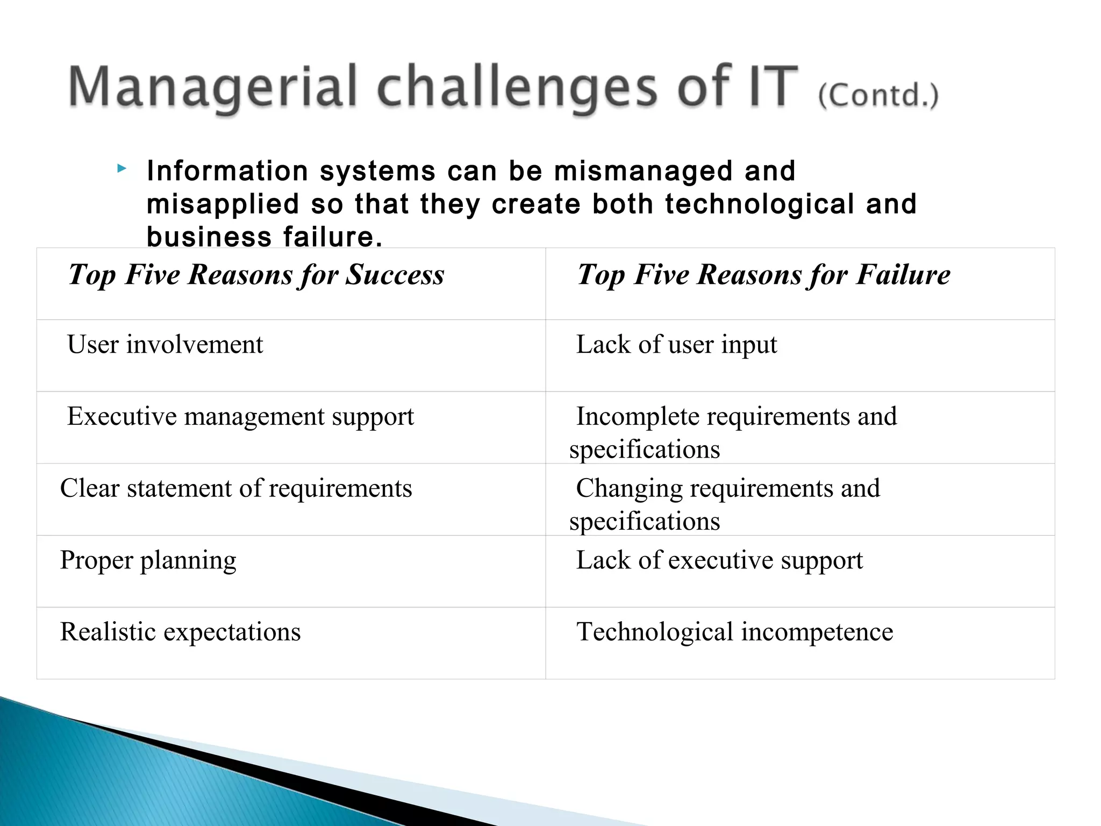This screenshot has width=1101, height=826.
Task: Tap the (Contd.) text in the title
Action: tap(878, 96)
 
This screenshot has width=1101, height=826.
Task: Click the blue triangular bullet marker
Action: tap(122, 169)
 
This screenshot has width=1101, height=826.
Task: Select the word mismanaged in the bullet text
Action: tap(643, 172)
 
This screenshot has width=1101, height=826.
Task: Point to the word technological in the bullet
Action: tap(759, 204)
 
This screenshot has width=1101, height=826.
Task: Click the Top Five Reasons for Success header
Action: tap(256, 275)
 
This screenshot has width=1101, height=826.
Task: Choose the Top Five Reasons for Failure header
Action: tap(763, 275)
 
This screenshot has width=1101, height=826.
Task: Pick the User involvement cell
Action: tap(165, 345)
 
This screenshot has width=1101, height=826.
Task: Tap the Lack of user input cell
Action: tap(676, 345)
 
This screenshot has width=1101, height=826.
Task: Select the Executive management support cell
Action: tap(240, 417)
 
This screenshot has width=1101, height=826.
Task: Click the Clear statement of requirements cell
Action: tap(236, 489)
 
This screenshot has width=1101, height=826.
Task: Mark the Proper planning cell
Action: tap(148, 561)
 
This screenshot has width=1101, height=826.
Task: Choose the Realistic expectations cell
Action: tap(180, 632)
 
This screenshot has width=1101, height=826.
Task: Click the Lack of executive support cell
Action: tap(719, 561)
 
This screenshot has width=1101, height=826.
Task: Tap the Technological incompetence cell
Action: tap(734, 632)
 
